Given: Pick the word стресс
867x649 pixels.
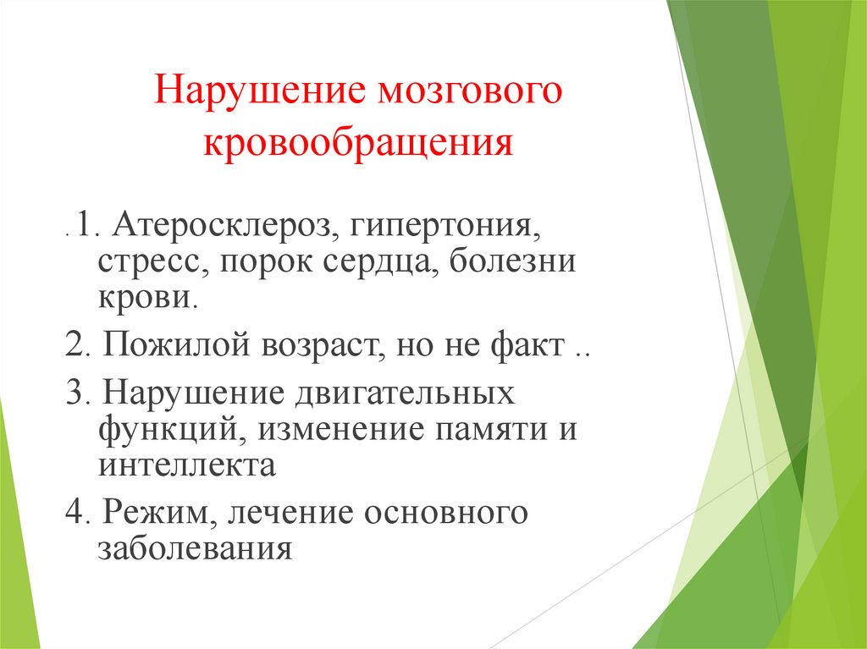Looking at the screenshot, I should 150,263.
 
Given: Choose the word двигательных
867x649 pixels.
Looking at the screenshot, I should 403,395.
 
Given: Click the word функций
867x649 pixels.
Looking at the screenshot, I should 165,430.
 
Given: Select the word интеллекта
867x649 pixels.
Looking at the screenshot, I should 186,465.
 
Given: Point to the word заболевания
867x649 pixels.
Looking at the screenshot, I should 195,549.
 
